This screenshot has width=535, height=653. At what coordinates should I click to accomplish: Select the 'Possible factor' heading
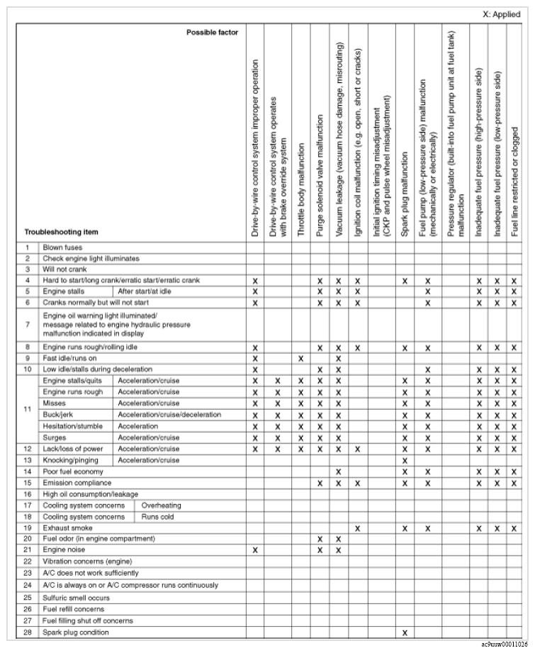[212, 33]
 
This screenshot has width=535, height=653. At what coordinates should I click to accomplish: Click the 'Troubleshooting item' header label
[62, 232]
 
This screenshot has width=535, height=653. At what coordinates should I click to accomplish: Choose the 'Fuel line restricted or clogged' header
[514, 181]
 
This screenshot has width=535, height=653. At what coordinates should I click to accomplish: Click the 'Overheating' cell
[161, 506]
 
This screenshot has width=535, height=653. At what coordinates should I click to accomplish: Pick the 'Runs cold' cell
[156, 517]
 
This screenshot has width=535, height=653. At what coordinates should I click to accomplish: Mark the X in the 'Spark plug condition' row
[405, 632]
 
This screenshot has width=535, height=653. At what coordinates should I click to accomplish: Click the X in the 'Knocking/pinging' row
[405, 460]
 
